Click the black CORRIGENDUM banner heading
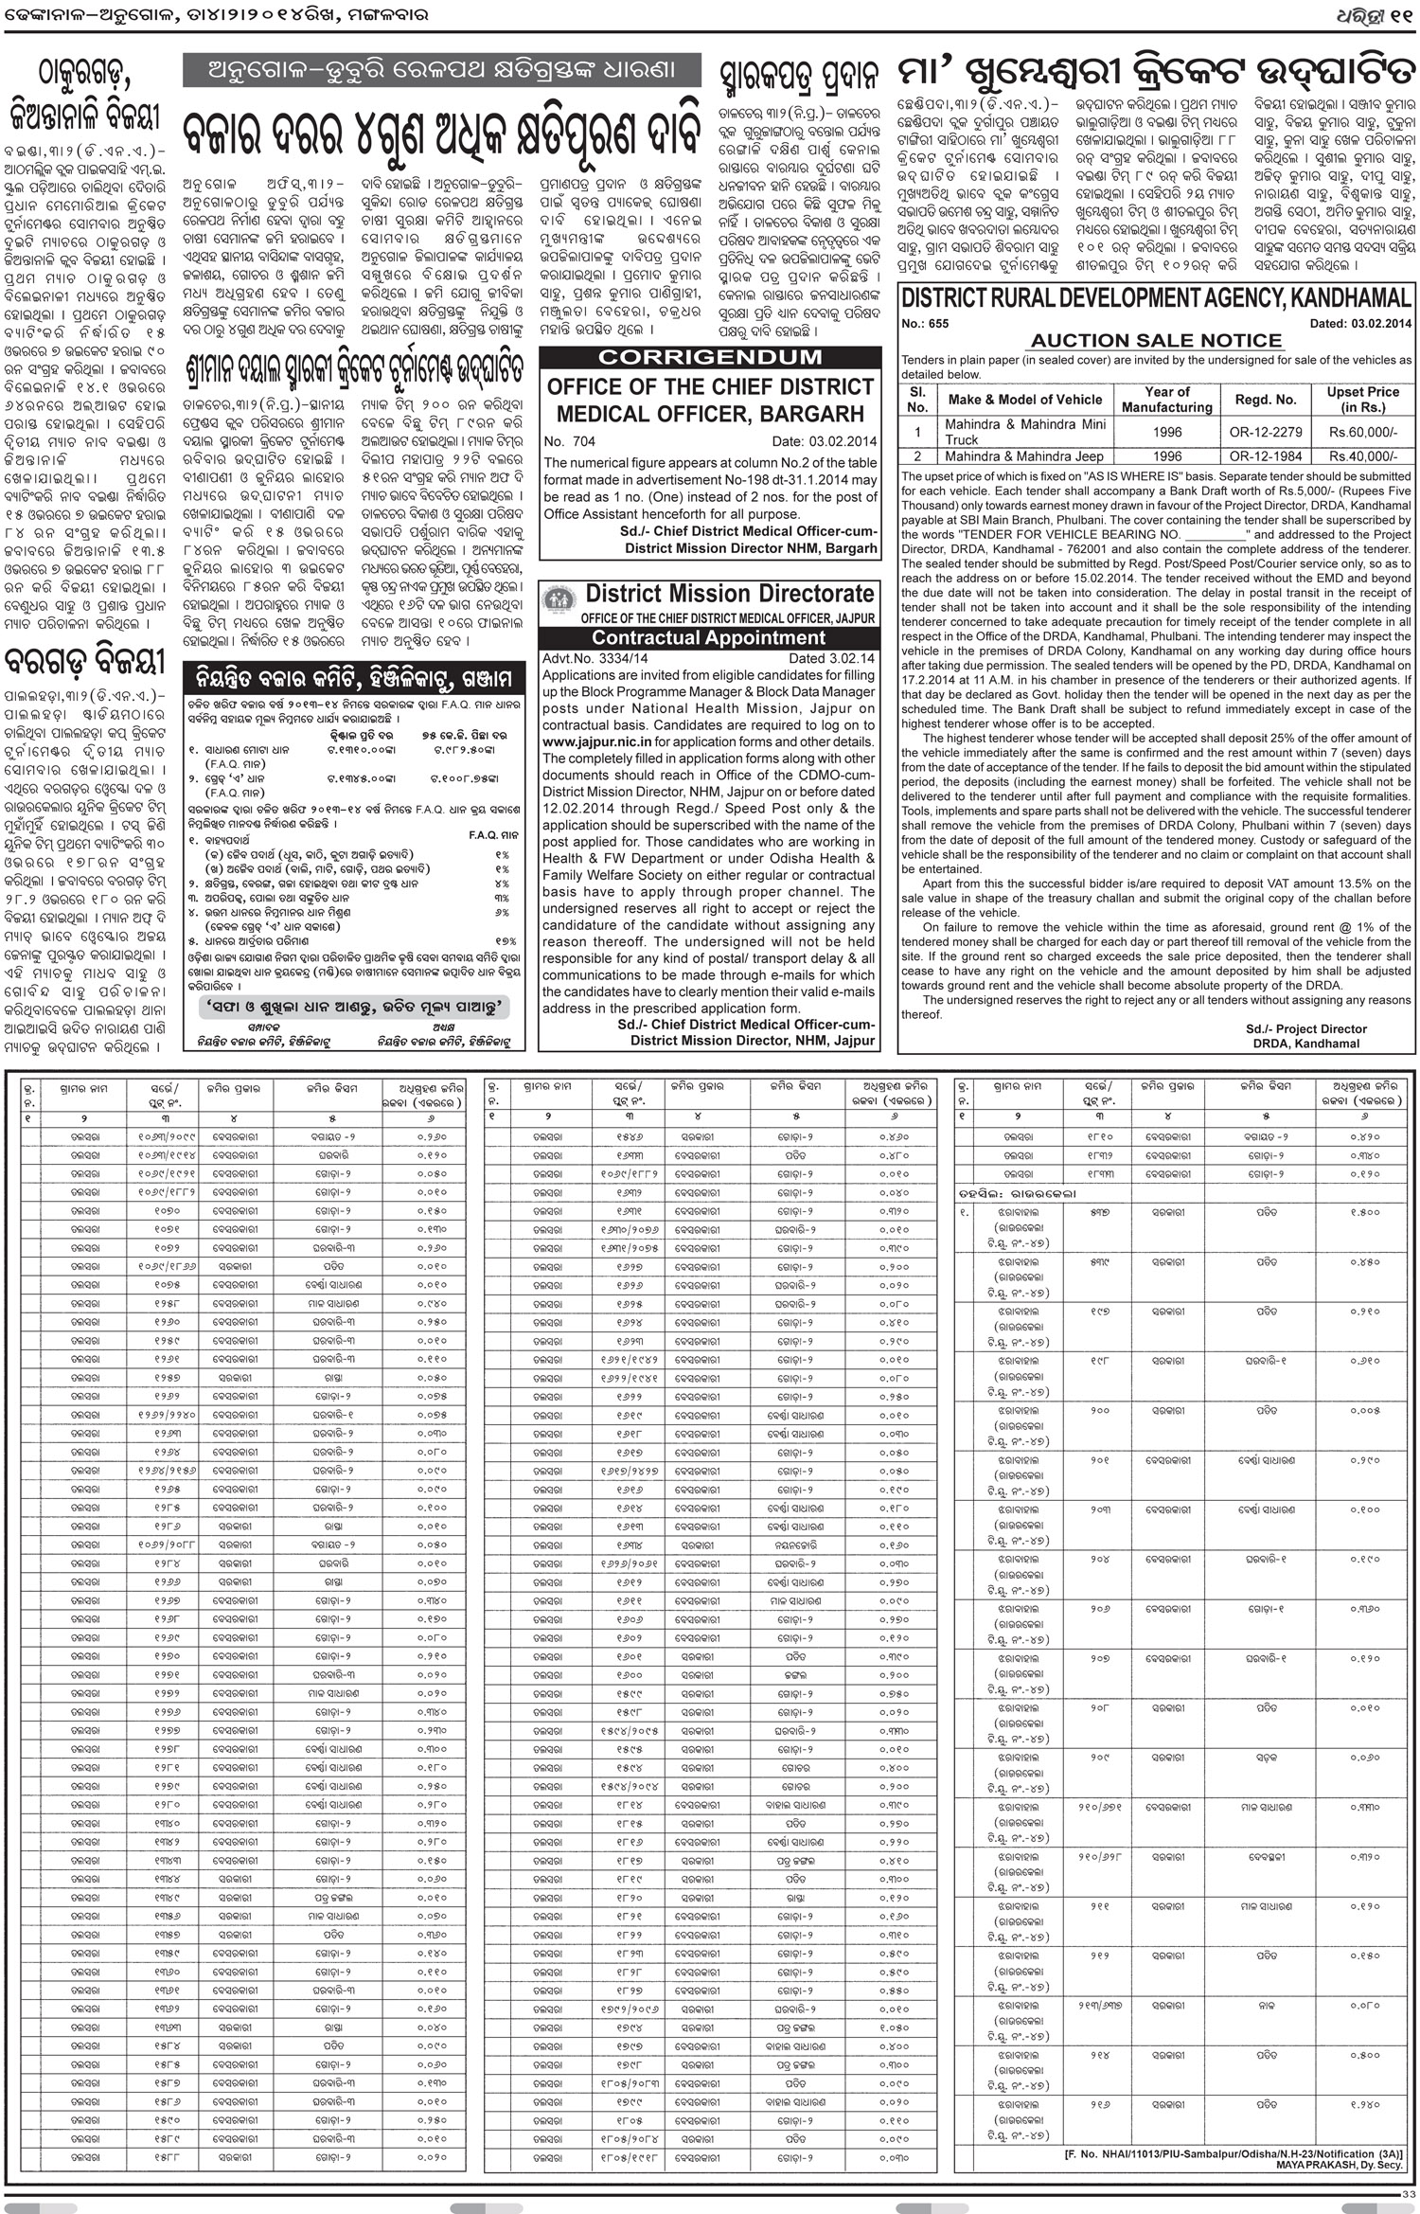[710, 358]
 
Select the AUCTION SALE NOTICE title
[1155, 340]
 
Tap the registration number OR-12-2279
[1265, 432]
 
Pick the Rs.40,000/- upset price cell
[1362, 456]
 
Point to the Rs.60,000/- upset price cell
[1362, 432]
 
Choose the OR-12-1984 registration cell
[1265, 456]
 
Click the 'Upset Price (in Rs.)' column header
[1362, 399]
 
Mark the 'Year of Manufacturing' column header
[1166, 399]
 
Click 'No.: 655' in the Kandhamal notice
[925, 324]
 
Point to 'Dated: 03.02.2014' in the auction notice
[1360, 324]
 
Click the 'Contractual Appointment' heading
[709, 638]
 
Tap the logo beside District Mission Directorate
[559, 601]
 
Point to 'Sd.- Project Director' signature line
[1305, 1028]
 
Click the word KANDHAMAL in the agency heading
[1349, 298]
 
